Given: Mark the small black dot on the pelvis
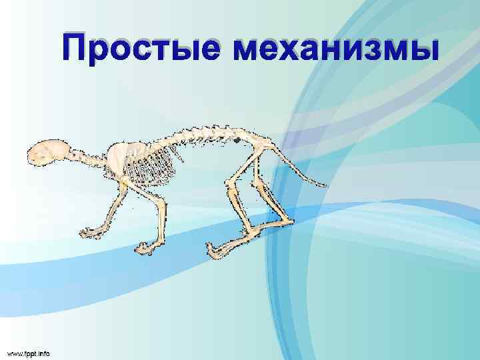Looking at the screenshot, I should (x=237, y=141).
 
